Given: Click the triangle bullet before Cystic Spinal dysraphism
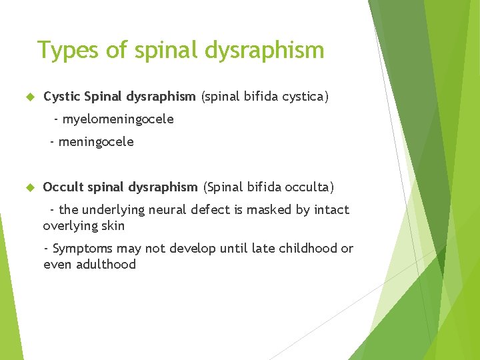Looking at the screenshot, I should pos(29,97).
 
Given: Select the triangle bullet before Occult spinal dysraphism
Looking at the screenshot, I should pos(29,187).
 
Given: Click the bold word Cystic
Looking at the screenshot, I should pos(62,97).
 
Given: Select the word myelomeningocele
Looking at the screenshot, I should pos(118,119).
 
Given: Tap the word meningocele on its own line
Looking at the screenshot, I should pos(96,141).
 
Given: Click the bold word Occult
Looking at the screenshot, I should pos(63,187).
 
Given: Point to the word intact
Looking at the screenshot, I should pos(331,210).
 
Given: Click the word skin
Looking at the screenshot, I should pos(113,226).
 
